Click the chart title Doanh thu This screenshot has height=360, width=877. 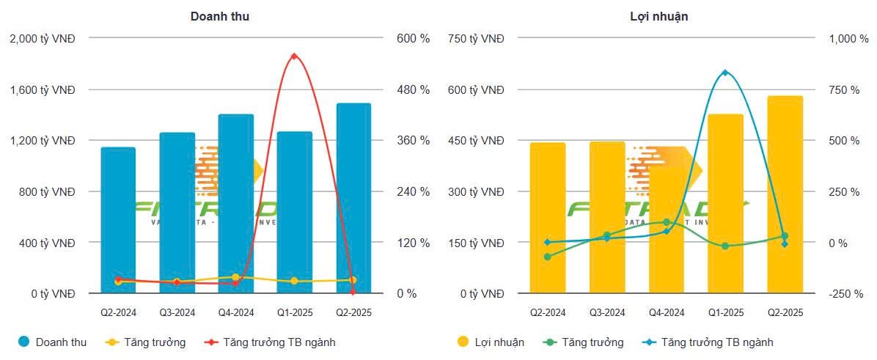point(219,16)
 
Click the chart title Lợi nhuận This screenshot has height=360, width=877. point(659,16)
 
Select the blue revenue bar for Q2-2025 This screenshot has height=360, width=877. point(353,198)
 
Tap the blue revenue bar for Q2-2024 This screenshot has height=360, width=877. point(118,220)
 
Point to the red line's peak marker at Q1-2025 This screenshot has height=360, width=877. point(294,56)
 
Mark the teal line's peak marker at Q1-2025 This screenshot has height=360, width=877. point(725,73)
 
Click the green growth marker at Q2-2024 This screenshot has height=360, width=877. point(547,257)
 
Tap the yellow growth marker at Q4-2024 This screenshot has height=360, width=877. point(235,277)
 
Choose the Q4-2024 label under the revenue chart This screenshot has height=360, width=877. point(235,313)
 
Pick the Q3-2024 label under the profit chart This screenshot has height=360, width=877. point(607,313)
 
